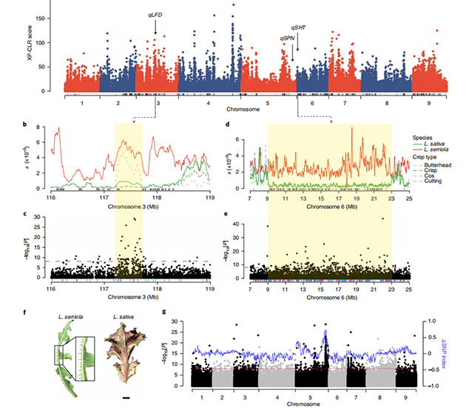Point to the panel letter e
click(x=226, y=214)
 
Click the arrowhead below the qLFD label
click(x=156, y=33)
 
